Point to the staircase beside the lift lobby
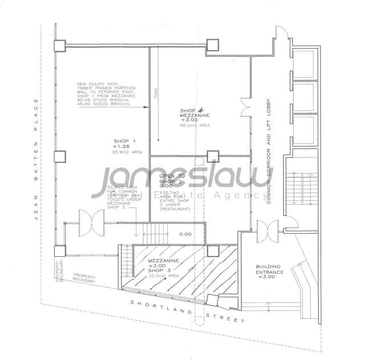coord(296,188)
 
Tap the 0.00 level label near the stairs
coord(185,234)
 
